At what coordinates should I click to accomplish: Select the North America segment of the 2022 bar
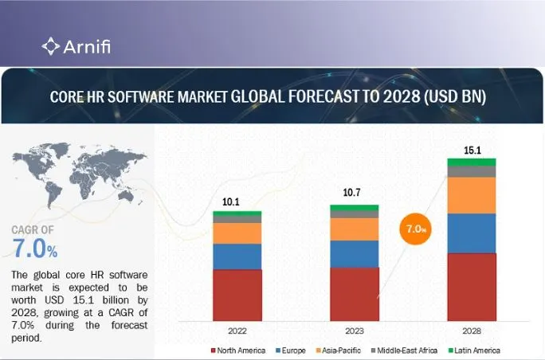(237, 295)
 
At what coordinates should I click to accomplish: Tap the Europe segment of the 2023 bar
(355, 253)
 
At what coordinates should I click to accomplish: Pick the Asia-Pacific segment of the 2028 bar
(471, 195)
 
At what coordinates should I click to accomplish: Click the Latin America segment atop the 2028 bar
(471, 162)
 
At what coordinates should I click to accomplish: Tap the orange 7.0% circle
(414, 229)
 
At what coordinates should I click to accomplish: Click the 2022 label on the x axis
(237, 329)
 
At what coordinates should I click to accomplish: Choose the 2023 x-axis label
(355, 329)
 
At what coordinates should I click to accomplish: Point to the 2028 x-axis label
(471, 329)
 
